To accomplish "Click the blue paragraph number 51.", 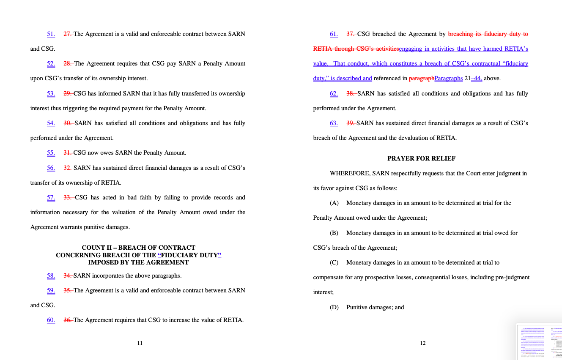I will point(51,34).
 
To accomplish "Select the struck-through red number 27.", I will point(67,34).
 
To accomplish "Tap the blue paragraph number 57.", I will point(51,198).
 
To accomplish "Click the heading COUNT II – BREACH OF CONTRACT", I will point(139,248).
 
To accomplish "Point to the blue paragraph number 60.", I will point(51,320).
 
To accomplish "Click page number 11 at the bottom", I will point(140,343).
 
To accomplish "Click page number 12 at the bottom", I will point(422,343).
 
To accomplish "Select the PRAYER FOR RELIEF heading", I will point(421,158).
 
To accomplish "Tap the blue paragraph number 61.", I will point(334,34).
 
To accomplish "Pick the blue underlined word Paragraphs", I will point(448,79).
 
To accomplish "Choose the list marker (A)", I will point(334,203).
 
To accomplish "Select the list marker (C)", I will point(334,263).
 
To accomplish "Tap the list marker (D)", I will point(334,308).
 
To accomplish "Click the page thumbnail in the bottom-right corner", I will point(539,342).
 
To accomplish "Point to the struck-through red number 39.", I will point(351,123).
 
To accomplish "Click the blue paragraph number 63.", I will point(334,123).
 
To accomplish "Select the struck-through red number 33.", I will point(68,198).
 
